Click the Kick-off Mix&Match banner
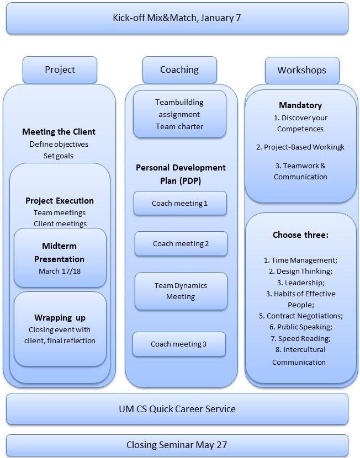177,18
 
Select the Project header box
60,70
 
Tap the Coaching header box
179,70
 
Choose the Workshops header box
302,71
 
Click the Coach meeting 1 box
180,203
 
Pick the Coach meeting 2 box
181,243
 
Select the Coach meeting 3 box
179,344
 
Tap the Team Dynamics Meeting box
181,291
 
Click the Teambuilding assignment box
179,114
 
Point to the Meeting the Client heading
59,132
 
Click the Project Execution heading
60,201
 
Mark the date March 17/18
60,271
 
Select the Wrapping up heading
60,317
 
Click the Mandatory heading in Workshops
300,105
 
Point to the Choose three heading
300,235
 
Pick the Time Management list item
300,260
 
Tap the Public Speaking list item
301,327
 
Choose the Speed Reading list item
300,338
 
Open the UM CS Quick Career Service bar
177,409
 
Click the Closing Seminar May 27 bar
177,445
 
